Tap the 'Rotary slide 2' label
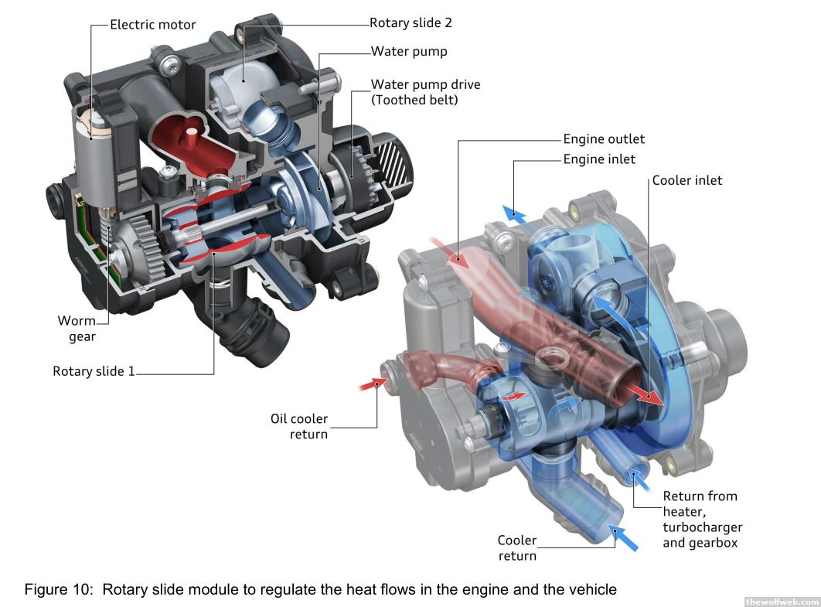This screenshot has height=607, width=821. (410, 23)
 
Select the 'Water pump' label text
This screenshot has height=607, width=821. (409, 52)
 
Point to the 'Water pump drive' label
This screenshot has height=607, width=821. (425, 84)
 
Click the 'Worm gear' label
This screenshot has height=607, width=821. (77, 328)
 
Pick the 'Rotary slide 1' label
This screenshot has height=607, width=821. (94, 371)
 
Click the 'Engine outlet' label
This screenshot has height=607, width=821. (603, 139)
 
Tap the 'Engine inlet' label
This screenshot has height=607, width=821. (599, 159)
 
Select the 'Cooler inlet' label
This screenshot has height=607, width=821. (687, 180)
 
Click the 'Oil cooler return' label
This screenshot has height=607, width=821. (299, 426)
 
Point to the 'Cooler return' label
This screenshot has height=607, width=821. (516, 547)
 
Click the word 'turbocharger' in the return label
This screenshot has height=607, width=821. (702, 527)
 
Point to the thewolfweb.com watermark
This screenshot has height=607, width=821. (781, 601)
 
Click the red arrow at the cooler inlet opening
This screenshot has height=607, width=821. (649, 396)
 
